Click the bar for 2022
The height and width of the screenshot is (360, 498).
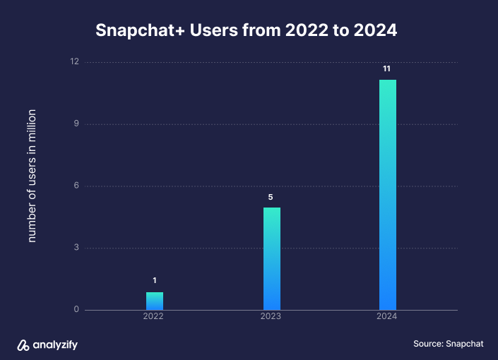[x=155, y=301]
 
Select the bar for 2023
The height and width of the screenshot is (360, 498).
[x=271, y=258]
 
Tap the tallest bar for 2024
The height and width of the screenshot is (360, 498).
[x=388, y=195]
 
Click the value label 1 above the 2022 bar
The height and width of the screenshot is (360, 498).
[x=155, y=281]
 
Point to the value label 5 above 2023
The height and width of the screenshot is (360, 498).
[x=271, y=197]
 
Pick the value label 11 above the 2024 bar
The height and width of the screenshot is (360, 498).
[x=387, y=68]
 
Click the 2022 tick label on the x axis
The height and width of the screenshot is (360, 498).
[x=153, y=317]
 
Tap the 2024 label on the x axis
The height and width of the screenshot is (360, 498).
[x=386, y=317]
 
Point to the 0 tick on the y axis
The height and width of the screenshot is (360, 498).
[x=76, y=310]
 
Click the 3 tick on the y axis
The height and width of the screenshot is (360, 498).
[x=76, y=248]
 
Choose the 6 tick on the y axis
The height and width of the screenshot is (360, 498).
[x=76, y=186]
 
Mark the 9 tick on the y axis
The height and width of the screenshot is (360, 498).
[x=76, y=124]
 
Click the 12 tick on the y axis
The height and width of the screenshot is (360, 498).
[x=74, y=62]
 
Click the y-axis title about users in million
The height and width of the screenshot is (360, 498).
[x=32, y=176]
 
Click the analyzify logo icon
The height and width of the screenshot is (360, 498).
[x=23, y=344]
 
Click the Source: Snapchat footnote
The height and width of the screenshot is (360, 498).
[x=449, y=344]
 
